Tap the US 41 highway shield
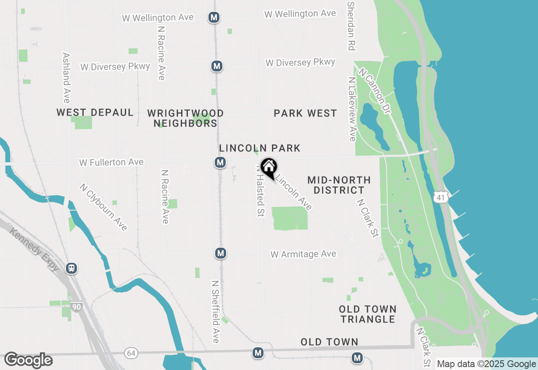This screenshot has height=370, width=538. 440,197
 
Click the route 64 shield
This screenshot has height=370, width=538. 131,353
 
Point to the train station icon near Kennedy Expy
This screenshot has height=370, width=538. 71,268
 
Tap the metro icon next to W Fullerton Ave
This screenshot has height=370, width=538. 220,162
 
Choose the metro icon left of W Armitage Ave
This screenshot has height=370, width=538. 220,253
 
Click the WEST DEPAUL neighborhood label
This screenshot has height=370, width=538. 95,112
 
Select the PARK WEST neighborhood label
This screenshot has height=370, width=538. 305,113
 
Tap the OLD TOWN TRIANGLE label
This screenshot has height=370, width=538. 368,314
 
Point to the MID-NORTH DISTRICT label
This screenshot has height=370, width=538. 339,185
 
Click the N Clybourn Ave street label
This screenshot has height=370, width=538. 103,207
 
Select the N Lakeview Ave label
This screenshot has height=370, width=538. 352,109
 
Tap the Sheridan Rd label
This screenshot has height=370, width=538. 351,26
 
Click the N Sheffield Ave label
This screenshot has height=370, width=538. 216,312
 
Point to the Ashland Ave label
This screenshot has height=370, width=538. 66,78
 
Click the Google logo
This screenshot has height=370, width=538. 28,360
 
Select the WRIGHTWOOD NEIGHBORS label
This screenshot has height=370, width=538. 185,118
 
